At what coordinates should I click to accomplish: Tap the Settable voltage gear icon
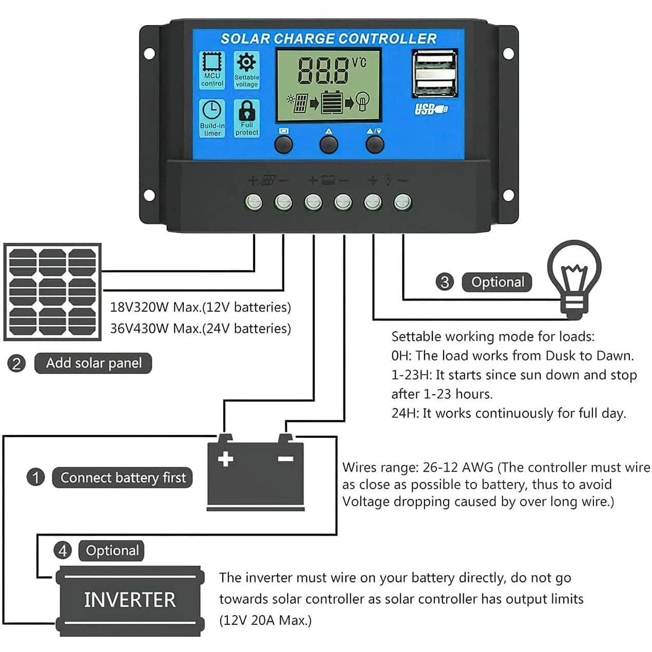coord(246,63)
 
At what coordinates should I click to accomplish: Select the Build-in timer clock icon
coord(212,110)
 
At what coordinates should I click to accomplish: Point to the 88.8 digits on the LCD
coord(323,71)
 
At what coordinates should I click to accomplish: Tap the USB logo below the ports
coord(430,109)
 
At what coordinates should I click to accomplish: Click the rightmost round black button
coord(375,145)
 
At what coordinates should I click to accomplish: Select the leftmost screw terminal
coord(253,202)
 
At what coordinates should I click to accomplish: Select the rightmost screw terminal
coord(402,202)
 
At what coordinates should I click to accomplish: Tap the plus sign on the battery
coord(225,459)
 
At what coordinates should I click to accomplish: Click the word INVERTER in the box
coord(130,600)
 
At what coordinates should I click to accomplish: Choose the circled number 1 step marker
coord(36,477)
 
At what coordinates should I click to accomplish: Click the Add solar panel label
coord(93,363)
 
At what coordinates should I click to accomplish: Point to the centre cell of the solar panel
coord(52,291)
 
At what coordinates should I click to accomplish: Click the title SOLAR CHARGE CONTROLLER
coord(328,39)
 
